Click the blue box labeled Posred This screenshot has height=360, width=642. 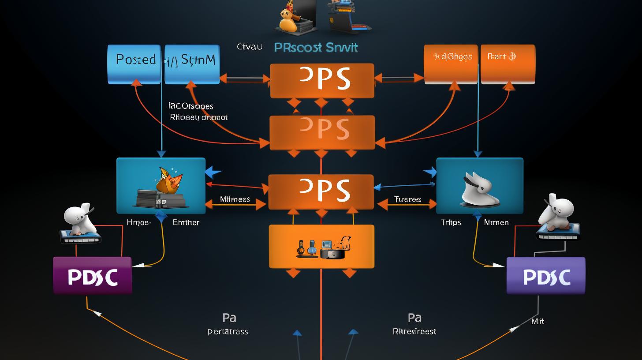tap(134, 64)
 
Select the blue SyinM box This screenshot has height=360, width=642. tap(192, 64)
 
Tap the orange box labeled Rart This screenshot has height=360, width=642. tap(508, 64)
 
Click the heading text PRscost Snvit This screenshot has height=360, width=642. tap(316, 47)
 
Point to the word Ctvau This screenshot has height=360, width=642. tap(250, 46)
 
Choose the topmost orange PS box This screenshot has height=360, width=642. tap(322, 80)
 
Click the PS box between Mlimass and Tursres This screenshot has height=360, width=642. tap(321, 192)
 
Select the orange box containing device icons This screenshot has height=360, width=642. tap(321, 246)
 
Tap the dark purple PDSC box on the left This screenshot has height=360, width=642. tap(92, 276)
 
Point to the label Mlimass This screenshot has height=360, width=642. tap(235, 199)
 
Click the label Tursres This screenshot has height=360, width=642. tap(407, 199)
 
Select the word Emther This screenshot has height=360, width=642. tap(186, 222)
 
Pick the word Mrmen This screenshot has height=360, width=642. tap(496, 222)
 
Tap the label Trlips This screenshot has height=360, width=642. tap(451, 222)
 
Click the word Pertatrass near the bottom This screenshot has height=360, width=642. tap(228, 331)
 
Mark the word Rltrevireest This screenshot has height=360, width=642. tap(414, 331)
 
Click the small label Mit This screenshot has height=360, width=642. tap(537, 322)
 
